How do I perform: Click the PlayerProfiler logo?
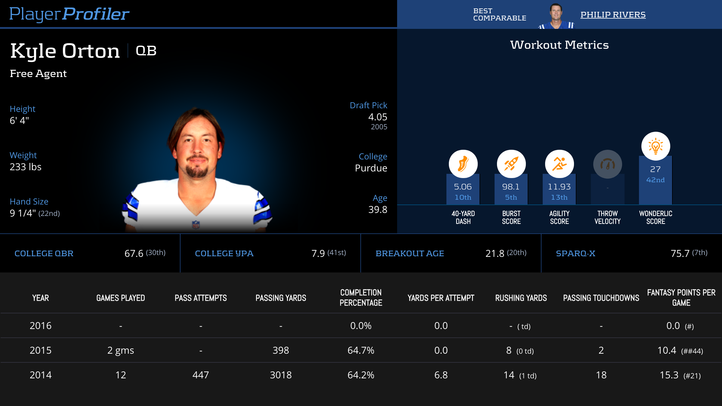(x=69, y=14)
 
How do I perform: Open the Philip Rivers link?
(x=613, y=15)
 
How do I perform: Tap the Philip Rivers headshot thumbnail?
(x=556, y=16)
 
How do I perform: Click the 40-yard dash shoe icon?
(x=463, y=164)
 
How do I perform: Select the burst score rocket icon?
(x=511, y=164)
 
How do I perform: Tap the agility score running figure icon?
(x=559, y=164)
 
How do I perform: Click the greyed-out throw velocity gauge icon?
(x=607, y=164)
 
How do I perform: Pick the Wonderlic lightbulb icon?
(x=656, y=146)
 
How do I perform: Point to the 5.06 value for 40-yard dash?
(x=463, y=187)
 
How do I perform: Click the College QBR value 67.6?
(x=134, y=254)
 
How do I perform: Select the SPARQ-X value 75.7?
(x=680, y=254)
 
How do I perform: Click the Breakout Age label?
(x=410, y=254)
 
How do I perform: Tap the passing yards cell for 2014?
(x=281, y=375)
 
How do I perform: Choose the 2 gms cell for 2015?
(x=121, y=350)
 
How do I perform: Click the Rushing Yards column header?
(x=521, y=298)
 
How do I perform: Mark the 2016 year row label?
(x=41, y=326)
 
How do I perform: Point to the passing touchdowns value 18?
(x=601, y=375)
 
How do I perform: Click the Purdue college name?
(x=371, y=168)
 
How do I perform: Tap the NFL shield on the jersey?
(x=196, y=224)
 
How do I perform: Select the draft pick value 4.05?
(x=378, y=117)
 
